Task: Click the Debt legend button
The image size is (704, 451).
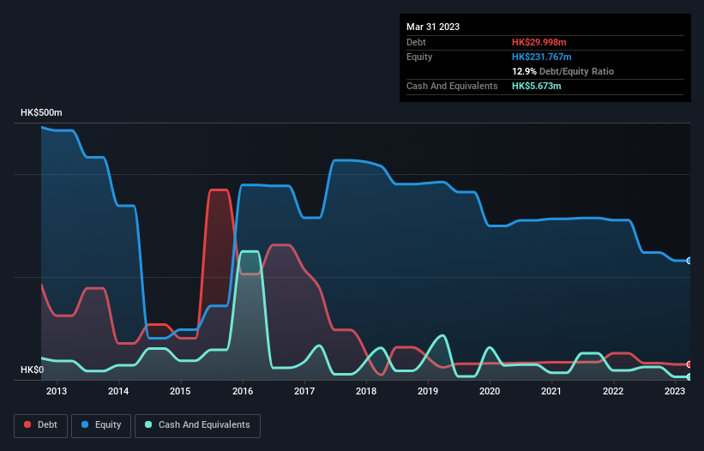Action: [39, 424]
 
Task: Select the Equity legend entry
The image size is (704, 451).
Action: [101, 424]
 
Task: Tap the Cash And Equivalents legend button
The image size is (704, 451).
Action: [197, 424]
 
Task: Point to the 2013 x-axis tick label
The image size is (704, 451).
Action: [57, 392]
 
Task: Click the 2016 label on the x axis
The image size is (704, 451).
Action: [243, 392]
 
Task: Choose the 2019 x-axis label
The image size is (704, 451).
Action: [428, 392]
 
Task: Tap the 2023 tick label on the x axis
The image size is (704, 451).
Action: [675, 392]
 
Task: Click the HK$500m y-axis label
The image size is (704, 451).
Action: [42, 113]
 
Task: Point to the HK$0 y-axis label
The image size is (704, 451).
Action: [33, 370]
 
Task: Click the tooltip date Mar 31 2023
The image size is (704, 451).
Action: [433, 27]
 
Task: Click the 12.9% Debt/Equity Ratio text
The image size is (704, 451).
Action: [563, 71]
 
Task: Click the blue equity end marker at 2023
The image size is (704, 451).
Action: [689, 261]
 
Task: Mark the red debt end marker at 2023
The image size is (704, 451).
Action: [689, 364]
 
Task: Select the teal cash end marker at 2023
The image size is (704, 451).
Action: [689, 377]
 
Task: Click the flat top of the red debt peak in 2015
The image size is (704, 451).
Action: [220, 189]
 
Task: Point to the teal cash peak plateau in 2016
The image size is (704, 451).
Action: [250, 251]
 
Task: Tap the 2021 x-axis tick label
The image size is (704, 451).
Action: [551, 392]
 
